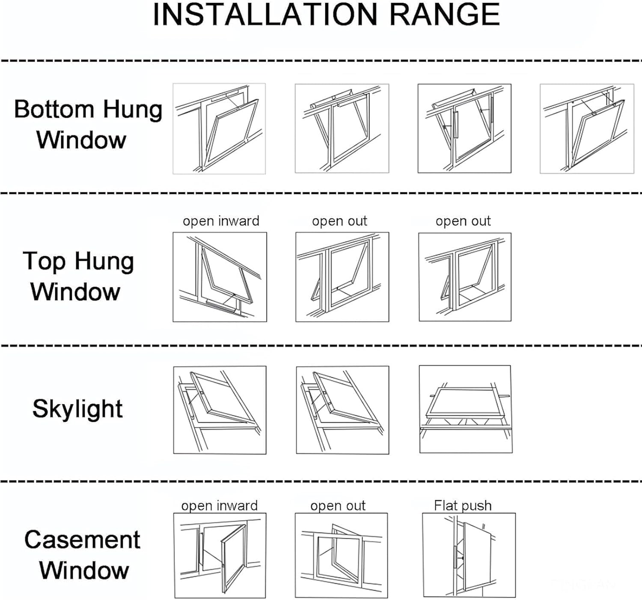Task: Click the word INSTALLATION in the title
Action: (x=265, y=15)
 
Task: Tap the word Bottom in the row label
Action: (x=53, y=109)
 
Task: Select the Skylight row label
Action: (x=77, y=409)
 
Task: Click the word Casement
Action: (x=82, y=540)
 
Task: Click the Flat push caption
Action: (x=463, y=505)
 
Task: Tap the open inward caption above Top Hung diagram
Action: (x=221, y=221)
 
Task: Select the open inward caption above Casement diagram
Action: (x=219, y=505)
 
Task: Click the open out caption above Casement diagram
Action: (x=338, y=505)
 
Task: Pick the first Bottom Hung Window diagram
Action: (x=219, y=129)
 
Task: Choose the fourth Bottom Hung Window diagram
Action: (x=587, y=129)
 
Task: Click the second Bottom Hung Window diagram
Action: (x=342, y=128)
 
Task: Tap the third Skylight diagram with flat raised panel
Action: (x=466, y=409)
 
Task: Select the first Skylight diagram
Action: (x=220, y=410)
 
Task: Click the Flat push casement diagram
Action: (x=469, y=555)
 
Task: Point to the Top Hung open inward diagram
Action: (x=220, y=277)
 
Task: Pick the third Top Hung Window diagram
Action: (x=465, y=277)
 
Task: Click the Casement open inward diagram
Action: (x=220, y=555)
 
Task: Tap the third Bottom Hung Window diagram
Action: (x=464, y=128)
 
